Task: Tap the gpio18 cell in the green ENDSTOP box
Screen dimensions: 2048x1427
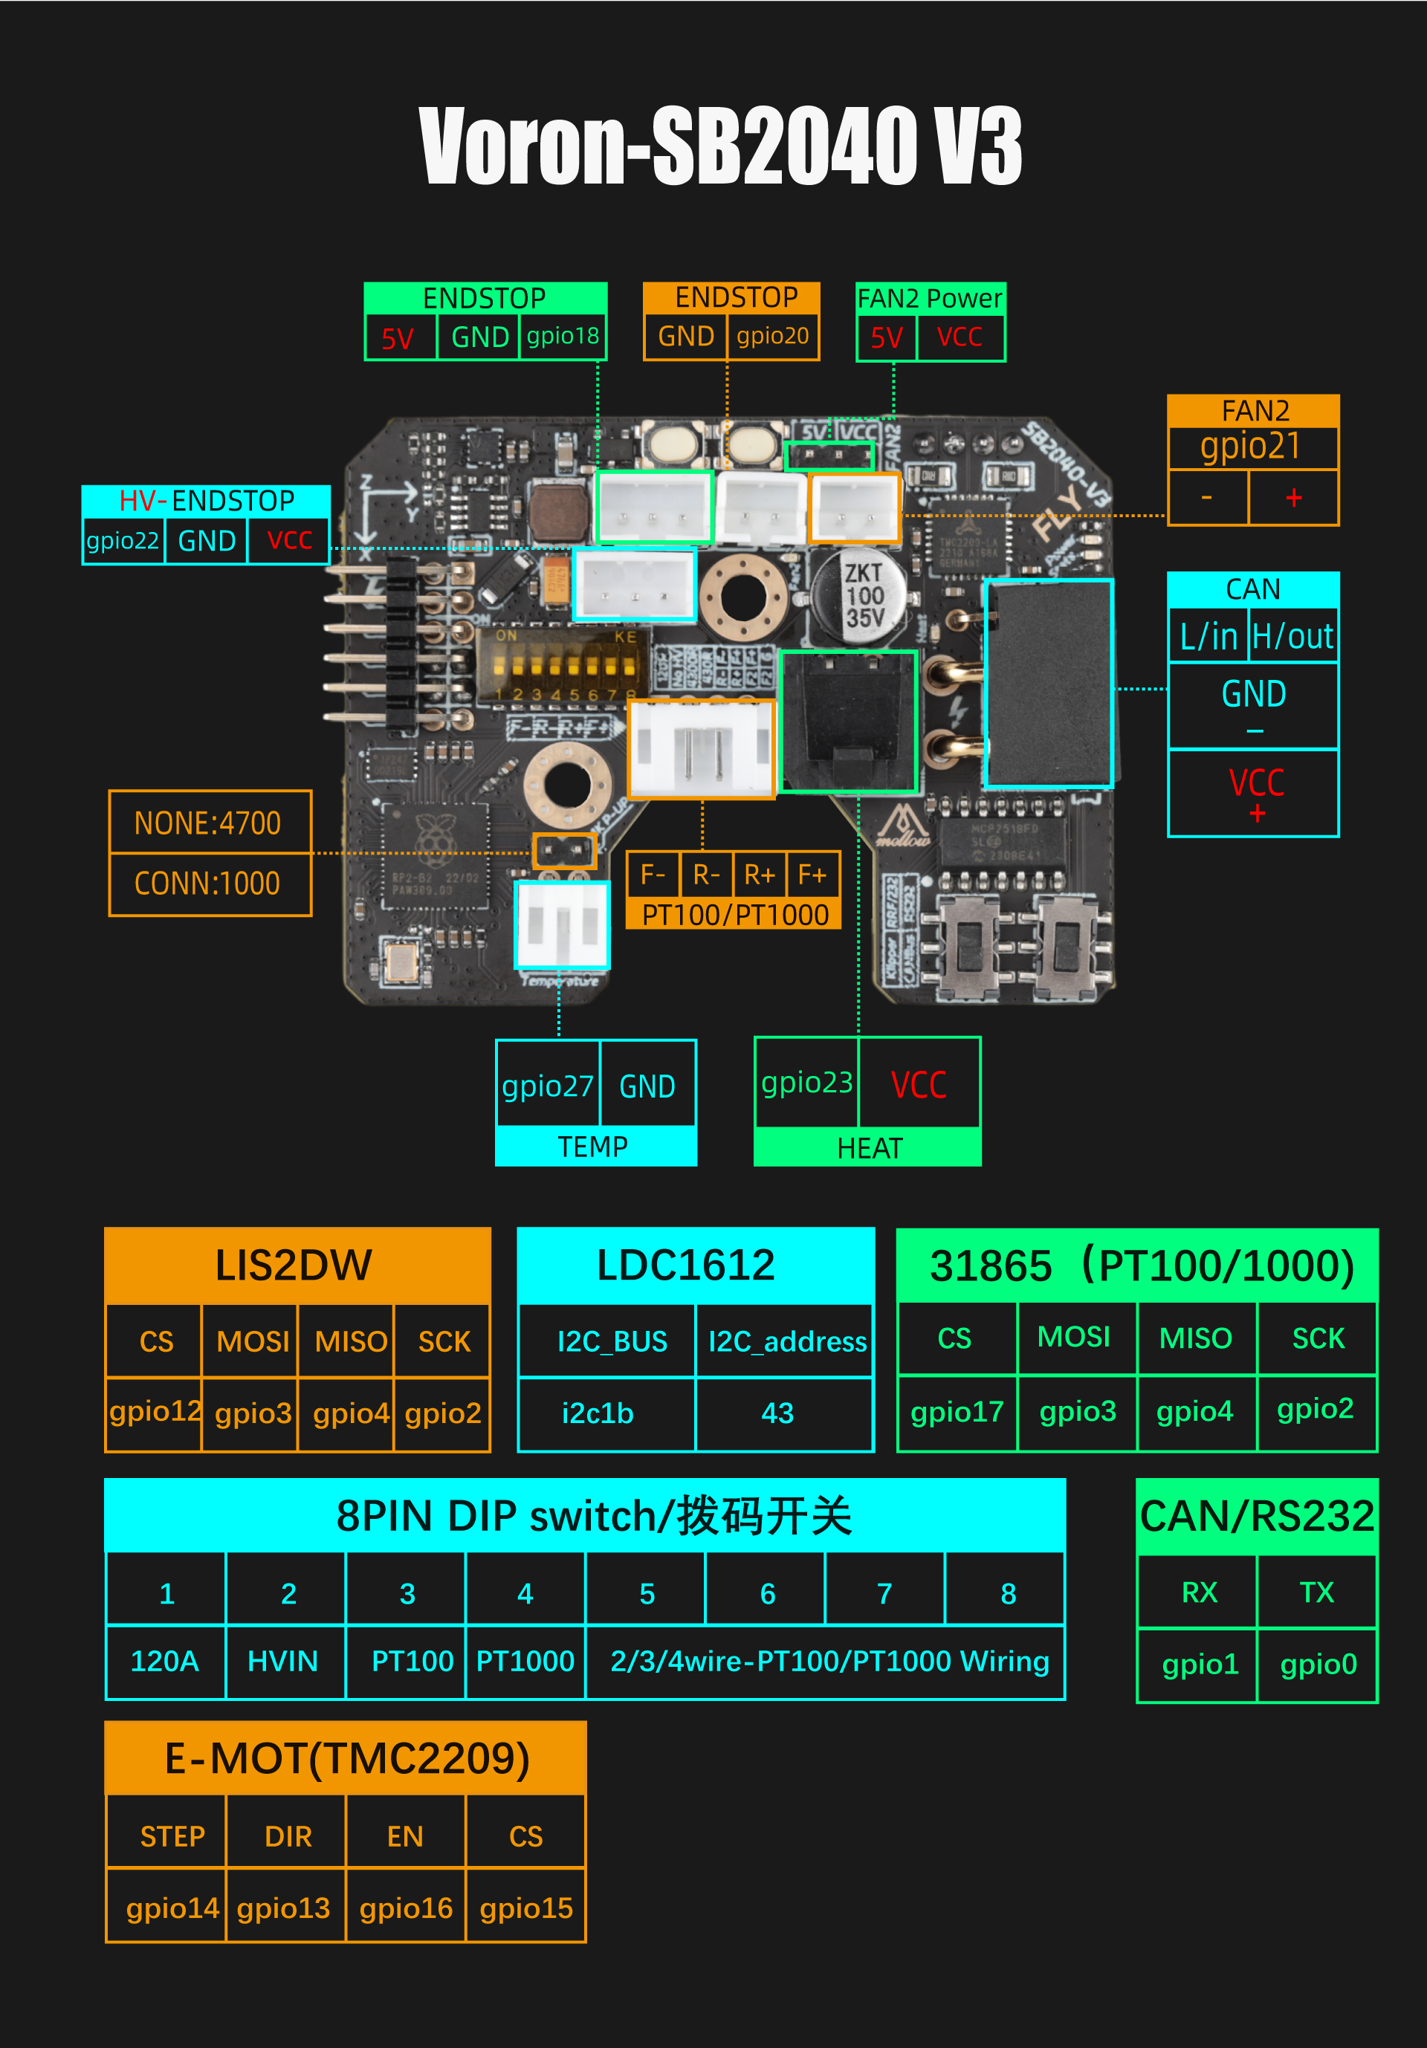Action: point(563,337)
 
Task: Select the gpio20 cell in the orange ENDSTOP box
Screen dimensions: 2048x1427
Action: point(772,337)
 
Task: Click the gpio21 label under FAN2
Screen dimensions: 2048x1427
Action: point(1252,446)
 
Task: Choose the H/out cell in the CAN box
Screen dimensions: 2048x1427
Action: point(1292,637)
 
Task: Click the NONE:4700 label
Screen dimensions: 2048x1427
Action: point(208,823)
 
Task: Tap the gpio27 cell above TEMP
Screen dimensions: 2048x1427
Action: point(547,1086)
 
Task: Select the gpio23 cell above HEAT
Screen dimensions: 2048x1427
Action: point(806,1083)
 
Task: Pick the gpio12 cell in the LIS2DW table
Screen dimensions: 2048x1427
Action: point(155,1411)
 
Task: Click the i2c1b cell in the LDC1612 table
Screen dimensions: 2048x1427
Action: point(598,1413)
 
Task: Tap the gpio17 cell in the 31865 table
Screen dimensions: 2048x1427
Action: point(957,1411)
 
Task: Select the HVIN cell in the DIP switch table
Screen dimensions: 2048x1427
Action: point(282,1661)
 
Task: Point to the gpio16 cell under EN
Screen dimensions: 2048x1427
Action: point(406,1908)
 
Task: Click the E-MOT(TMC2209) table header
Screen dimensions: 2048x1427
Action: point(346,1758)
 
